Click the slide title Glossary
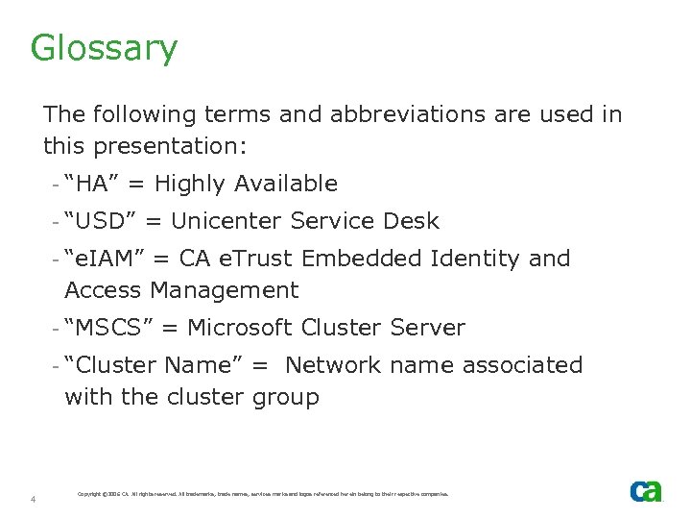point(104,48)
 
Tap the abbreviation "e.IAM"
point(105,259)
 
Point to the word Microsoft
point(240,328)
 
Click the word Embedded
point(376,259)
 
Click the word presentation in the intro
point(166,146)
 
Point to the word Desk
point(410,221)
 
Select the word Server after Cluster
point(427,328)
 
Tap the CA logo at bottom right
point(646,490)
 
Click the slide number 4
point(33,499)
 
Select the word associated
point(523,365)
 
